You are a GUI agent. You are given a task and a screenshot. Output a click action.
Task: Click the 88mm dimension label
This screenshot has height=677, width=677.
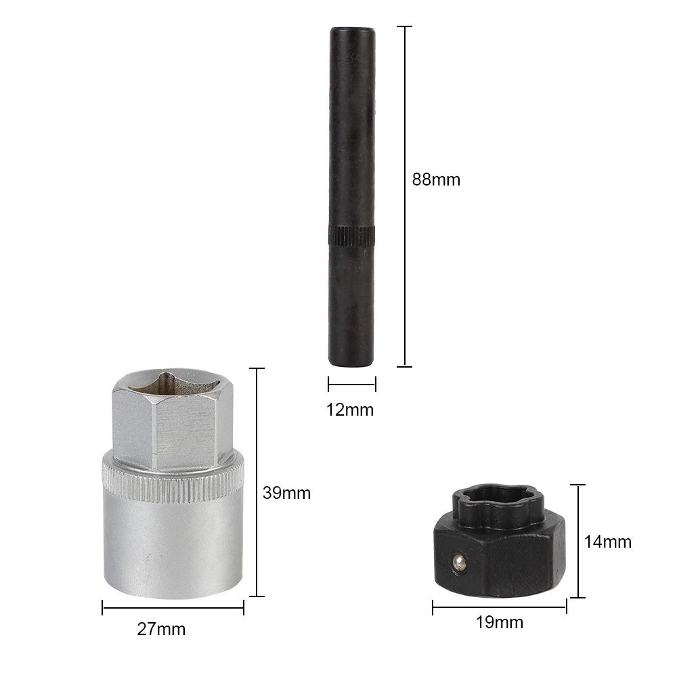[x=436, y=179]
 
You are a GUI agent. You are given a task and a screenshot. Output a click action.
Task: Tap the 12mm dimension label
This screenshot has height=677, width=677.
[x=350, y=410]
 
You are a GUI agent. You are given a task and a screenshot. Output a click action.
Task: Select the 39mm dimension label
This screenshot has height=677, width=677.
[x=286, y=493]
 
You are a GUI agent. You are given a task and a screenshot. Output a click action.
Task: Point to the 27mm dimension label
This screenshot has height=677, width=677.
[x=162, y=629]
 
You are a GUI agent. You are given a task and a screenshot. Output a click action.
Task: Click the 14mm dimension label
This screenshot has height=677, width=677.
[x=608, y=542]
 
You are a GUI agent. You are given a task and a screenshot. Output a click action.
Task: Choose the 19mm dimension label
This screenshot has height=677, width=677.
[x=500, y=622]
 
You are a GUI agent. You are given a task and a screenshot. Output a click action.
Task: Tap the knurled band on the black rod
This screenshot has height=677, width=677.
[x=352, y=236]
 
